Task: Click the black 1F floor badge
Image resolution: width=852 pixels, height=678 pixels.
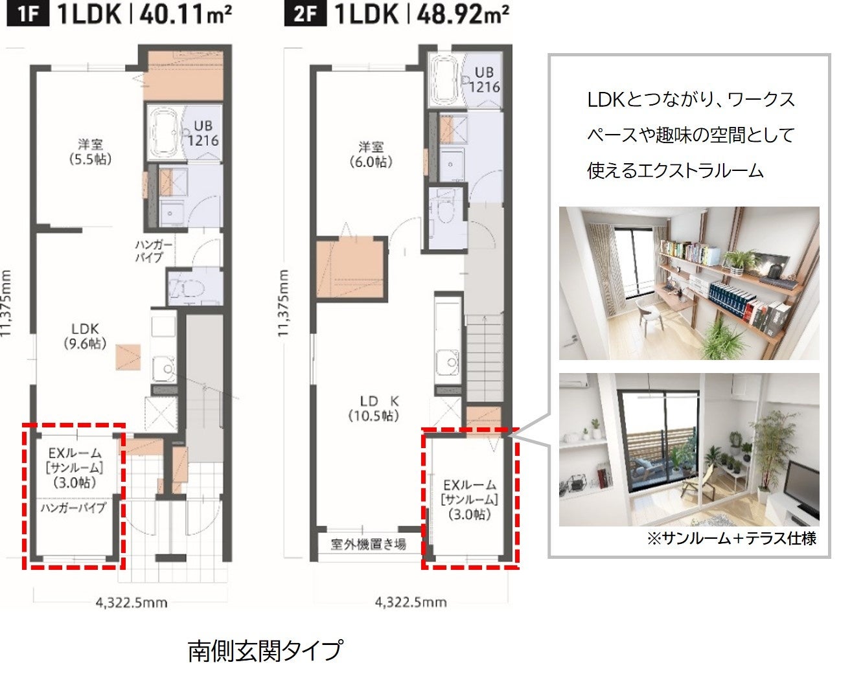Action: pos(28,15)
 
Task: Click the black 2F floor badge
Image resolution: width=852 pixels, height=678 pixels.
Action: pos(305,15)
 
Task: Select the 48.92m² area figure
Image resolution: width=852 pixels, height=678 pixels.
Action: pos(463,15)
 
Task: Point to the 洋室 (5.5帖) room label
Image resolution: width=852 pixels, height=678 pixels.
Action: pos(90,152)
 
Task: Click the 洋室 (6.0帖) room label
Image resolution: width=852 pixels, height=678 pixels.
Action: pos(371,154)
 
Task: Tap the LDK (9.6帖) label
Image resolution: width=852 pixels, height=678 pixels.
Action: pos(85,336)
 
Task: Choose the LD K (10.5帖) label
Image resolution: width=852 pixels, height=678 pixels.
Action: pos(374,409)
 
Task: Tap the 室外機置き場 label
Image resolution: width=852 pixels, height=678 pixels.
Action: pos(368,545)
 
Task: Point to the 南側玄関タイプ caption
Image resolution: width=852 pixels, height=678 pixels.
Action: pos(265,651)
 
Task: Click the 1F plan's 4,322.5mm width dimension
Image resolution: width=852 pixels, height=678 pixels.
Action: pos(132,603)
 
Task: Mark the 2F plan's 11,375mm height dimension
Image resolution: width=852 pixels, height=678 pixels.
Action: pos(282,303)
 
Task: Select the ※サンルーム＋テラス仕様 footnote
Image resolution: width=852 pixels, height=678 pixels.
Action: pos(731,538)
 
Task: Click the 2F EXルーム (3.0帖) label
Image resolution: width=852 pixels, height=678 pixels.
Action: pos(470,500)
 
